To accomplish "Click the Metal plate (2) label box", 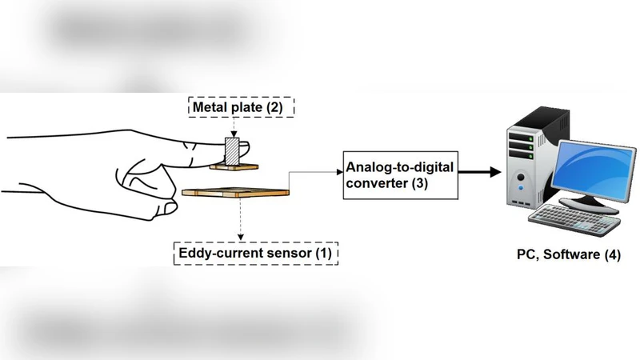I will coord(242,106).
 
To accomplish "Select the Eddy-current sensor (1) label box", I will coord(257,254).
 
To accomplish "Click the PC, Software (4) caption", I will coord(568,255).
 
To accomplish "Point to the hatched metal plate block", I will coord(231,152).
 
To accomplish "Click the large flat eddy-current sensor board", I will coord(235,192).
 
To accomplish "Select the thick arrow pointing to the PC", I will coord(479,172).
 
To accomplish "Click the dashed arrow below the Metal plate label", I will coord(233,126).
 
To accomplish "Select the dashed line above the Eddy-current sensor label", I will coord(240,219).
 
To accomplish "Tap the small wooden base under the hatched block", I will coord(235,167).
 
